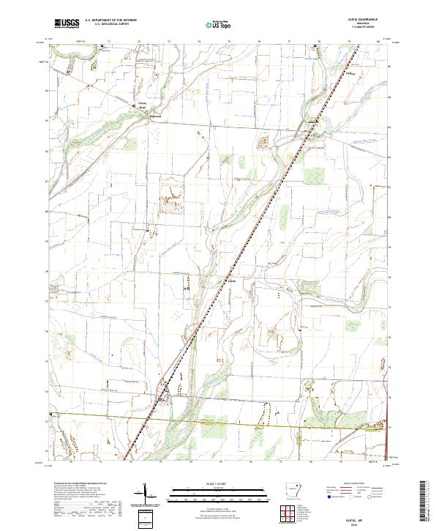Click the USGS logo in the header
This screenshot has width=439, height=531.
tap(67, 24)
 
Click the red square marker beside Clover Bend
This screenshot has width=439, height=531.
tap(133, 105)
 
